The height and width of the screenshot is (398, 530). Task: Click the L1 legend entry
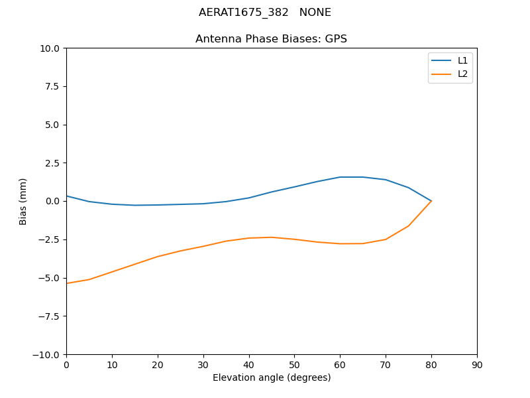462,60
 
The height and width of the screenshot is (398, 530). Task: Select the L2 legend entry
462,74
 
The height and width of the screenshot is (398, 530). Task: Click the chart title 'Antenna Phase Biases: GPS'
271,39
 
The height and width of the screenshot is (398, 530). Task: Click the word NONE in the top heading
315,13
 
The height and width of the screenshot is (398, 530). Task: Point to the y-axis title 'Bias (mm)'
23,201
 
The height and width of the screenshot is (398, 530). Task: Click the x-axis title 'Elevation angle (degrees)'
272,377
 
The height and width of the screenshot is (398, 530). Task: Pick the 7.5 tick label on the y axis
52,86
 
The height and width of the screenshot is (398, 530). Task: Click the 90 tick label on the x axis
477,365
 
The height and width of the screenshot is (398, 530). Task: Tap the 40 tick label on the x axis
249,365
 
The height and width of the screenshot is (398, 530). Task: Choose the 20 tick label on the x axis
158,365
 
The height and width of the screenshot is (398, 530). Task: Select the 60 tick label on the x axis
340,365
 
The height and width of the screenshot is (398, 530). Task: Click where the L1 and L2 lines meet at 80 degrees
431,200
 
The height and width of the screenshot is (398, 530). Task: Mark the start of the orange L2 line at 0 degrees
67,283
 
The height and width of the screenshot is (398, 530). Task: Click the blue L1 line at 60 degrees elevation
340,177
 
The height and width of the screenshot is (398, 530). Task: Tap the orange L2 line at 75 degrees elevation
408,226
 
